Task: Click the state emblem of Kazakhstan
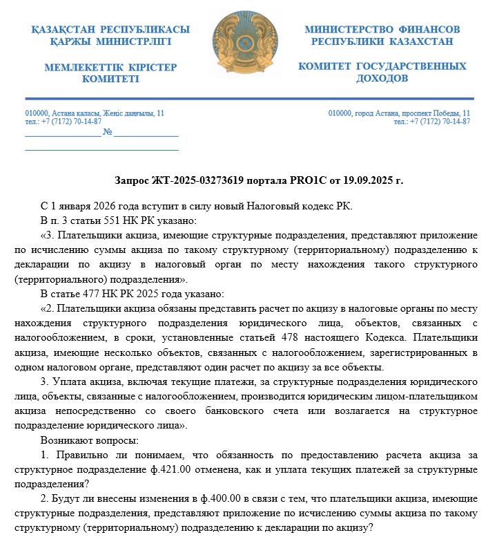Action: (x=247, y=48)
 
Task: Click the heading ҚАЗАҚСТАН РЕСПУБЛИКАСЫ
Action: (x=110, y=30)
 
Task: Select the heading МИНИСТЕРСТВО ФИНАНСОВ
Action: (x=382, y=30)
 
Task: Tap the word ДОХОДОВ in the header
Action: (x=382, y=79)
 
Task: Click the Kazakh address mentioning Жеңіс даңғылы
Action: (x=95, y=113)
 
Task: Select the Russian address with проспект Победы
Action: (x=399, y=113)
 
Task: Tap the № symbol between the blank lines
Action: (x=108, y=131)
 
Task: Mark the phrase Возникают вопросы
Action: (x=90, y=440)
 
